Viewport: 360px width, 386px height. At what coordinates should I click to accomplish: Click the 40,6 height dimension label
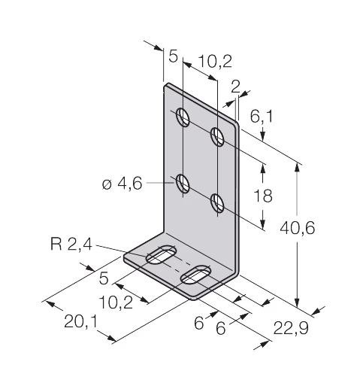tap(297, 229)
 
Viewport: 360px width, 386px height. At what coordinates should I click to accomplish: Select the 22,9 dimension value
tap(291, 329)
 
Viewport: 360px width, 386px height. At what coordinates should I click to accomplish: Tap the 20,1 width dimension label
tap(80, 322)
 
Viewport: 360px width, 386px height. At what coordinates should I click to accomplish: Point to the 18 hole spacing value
tap(263, 196)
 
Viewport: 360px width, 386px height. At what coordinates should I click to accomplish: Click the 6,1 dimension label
tap(261, 117)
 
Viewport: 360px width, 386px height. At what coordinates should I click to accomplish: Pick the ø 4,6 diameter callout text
tap(123, 184)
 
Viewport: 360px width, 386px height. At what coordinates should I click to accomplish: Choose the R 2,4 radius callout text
tap(71, 244)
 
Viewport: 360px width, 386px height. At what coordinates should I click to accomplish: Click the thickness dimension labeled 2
tap(235, 87)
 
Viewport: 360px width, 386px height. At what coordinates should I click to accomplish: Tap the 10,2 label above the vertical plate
tap(215, 62)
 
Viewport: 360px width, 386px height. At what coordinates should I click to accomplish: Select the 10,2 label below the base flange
tap(116, 302)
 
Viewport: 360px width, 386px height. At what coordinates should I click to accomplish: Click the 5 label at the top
tap(173, 56)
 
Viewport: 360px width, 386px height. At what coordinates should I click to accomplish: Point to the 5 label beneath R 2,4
tap(104, 278)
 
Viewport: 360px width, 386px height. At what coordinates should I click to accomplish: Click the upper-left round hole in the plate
tap(183, 117)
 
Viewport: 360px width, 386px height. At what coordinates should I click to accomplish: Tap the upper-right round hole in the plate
tap(217, 137)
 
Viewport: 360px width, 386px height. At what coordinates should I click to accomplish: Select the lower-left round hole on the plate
tap(183, 184)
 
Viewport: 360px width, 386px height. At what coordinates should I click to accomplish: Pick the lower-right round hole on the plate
tap(217, 203)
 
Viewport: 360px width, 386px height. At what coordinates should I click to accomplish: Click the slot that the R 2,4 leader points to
tap(162, 254)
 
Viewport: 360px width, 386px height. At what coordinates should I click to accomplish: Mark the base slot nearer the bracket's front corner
tap(196, 275)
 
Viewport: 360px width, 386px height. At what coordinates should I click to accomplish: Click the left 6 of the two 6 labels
tap(199, 324)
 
